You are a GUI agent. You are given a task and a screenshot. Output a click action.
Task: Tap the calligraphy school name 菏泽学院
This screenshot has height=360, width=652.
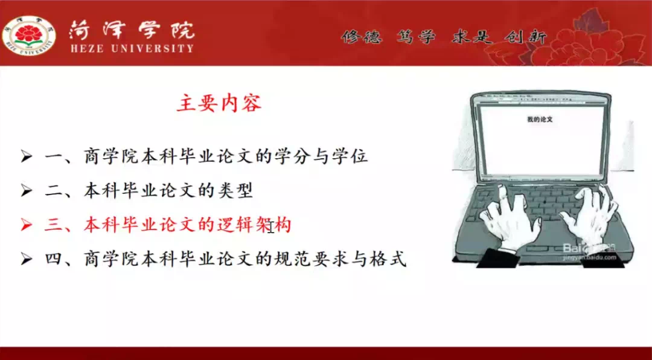(x=132, y=30)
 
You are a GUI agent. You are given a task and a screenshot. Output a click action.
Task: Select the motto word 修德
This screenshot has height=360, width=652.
(x=362, y=38)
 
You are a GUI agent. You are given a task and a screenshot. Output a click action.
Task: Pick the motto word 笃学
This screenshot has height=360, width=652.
(x=416, y=38)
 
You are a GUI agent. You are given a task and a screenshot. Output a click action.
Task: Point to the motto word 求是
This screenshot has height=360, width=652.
(x=472, y=38)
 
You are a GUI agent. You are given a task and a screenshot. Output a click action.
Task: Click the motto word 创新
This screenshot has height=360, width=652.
(x=525, y=38)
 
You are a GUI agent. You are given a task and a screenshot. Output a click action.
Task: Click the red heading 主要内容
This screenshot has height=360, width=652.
(x=219, y=103)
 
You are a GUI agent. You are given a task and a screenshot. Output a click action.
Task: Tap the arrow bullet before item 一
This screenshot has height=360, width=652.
(x=26, y=158)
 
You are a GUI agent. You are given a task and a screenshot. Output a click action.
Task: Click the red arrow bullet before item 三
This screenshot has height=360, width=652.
(x=26, y=226)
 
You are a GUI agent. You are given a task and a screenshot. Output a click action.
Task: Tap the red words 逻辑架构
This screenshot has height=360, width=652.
(x=254, y=226)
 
